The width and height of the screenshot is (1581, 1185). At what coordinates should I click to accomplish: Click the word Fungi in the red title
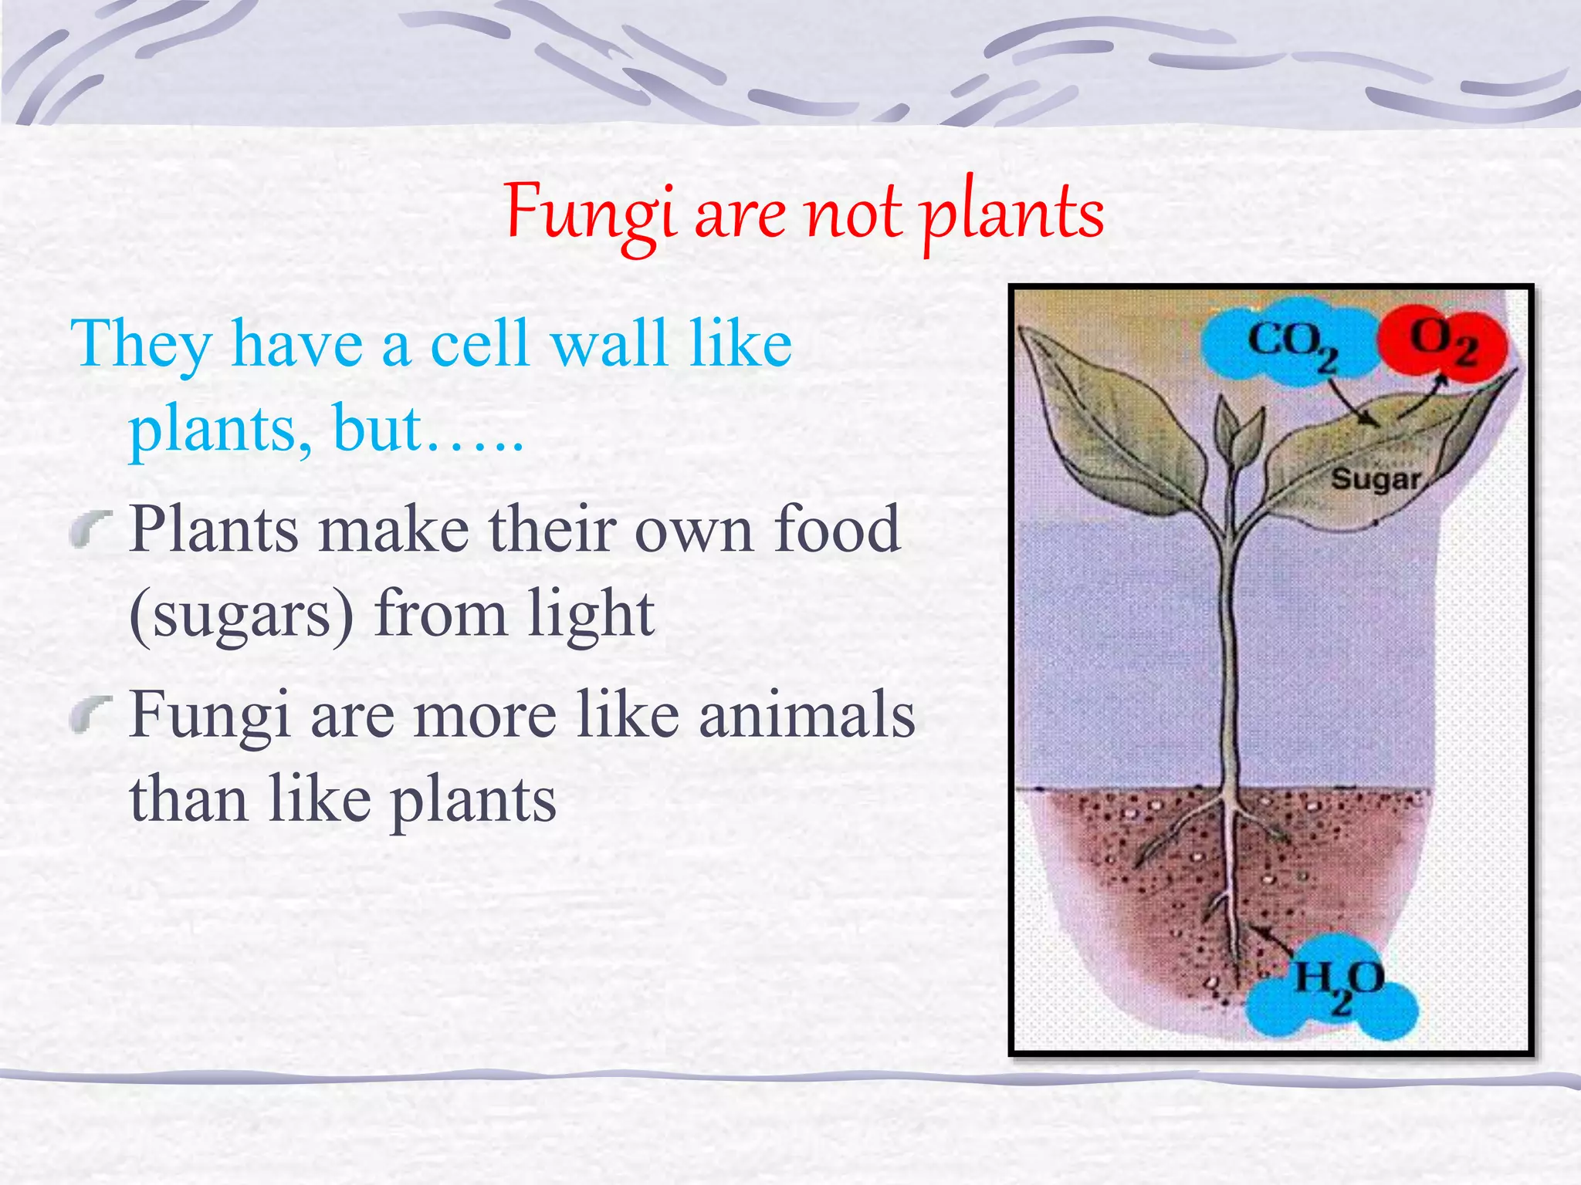click(591, 213)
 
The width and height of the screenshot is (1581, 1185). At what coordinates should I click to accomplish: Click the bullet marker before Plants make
click(91, 528)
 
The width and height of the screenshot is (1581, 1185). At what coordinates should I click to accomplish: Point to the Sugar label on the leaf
click(1375, 479)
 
